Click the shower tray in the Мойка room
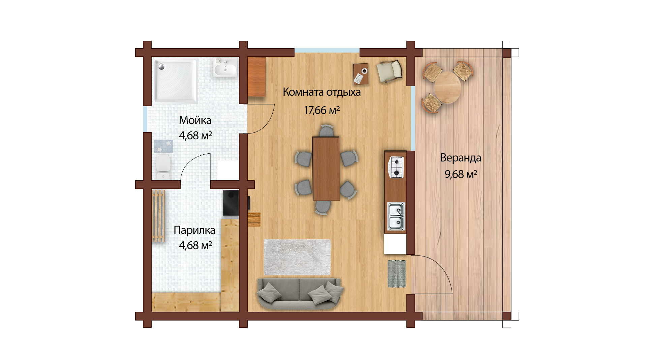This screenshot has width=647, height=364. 176,81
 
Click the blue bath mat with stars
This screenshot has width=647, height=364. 163,147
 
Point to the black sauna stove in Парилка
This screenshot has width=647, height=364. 231,203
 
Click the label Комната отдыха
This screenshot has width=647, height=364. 321,92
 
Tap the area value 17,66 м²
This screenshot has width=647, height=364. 321,110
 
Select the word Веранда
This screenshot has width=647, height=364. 461,158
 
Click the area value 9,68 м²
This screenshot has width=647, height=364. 461,174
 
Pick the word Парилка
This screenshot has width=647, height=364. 194,231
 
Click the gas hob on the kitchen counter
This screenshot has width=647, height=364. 396,167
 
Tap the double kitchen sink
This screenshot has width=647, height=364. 396,216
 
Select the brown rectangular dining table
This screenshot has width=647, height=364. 326,168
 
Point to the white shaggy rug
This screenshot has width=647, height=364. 297,257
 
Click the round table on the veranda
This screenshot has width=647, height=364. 447,88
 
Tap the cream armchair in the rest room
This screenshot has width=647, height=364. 389,71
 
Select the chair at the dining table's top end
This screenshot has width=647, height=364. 326,130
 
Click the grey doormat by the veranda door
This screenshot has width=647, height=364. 397,274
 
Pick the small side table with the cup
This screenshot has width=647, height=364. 361,74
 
